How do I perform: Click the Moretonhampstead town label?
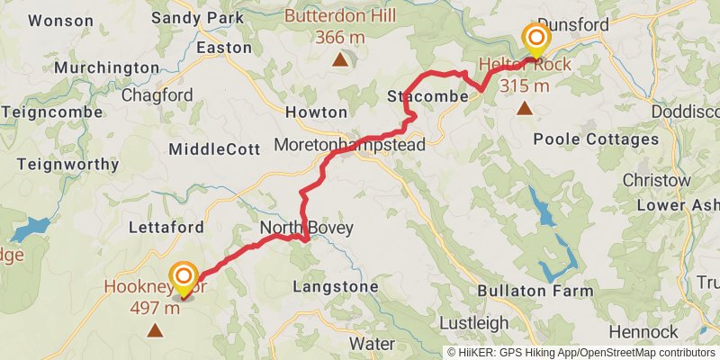click(x=349, y=145)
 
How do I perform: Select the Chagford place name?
click(x=157, y=94)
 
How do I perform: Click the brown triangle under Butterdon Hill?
click(x=339, y=60)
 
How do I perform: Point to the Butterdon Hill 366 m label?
click(x=339, y=27)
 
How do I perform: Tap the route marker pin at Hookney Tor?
click(x=184, y=277)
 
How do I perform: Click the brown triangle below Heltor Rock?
click(x=525, y=109)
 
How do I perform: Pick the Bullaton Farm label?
click(x=535, y=291)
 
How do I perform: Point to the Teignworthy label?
click(x=67, y=165)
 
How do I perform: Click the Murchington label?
click(x=106, y=67)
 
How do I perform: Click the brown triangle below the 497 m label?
click(x=156, y=330)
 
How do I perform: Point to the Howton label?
click(x=316, y=112)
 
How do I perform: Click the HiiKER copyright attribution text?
click(x=581, y=352)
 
